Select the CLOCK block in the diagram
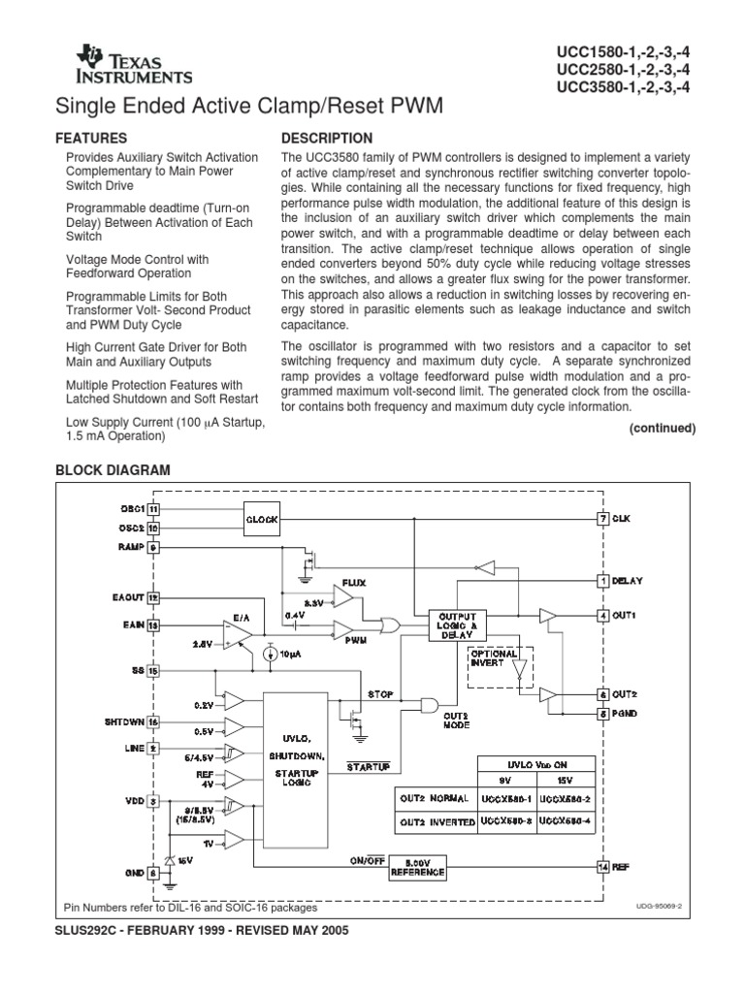click(x=261, y=520)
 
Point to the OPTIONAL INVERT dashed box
click(x=502, y=665)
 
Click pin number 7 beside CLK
click(x=601, y=520)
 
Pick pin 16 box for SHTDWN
click(x=153, y=721)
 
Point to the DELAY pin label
click(x=628, y=581)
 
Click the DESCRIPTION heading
click(x=326, y=139)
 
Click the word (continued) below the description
click(x=663, y=428)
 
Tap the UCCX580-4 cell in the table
click(x=567, y=820)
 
